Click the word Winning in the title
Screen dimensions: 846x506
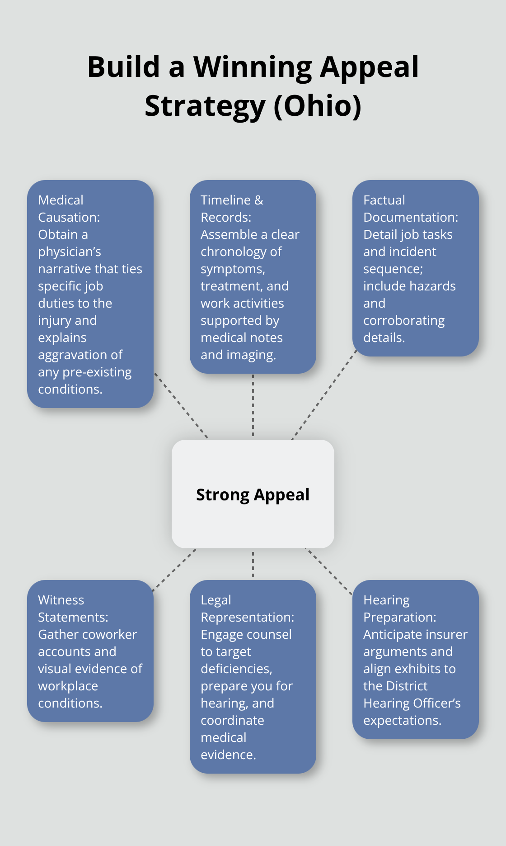tap(253, 67)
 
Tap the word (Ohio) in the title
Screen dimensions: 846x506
tap(317, 106)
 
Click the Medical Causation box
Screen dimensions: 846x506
tap(90, 294)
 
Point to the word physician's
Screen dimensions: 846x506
tap(70, 252)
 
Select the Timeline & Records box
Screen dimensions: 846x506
tap(253, 276)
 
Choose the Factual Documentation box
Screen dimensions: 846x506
tap(415, 268)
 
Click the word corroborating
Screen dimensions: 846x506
tap(404, 320)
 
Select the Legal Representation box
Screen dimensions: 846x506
tap(253, 676)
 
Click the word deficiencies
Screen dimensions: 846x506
tap(236, 669)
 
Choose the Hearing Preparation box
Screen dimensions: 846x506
tap(415, 659)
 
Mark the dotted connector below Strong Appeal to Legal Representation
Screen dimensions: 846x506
tap(253, 564)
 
